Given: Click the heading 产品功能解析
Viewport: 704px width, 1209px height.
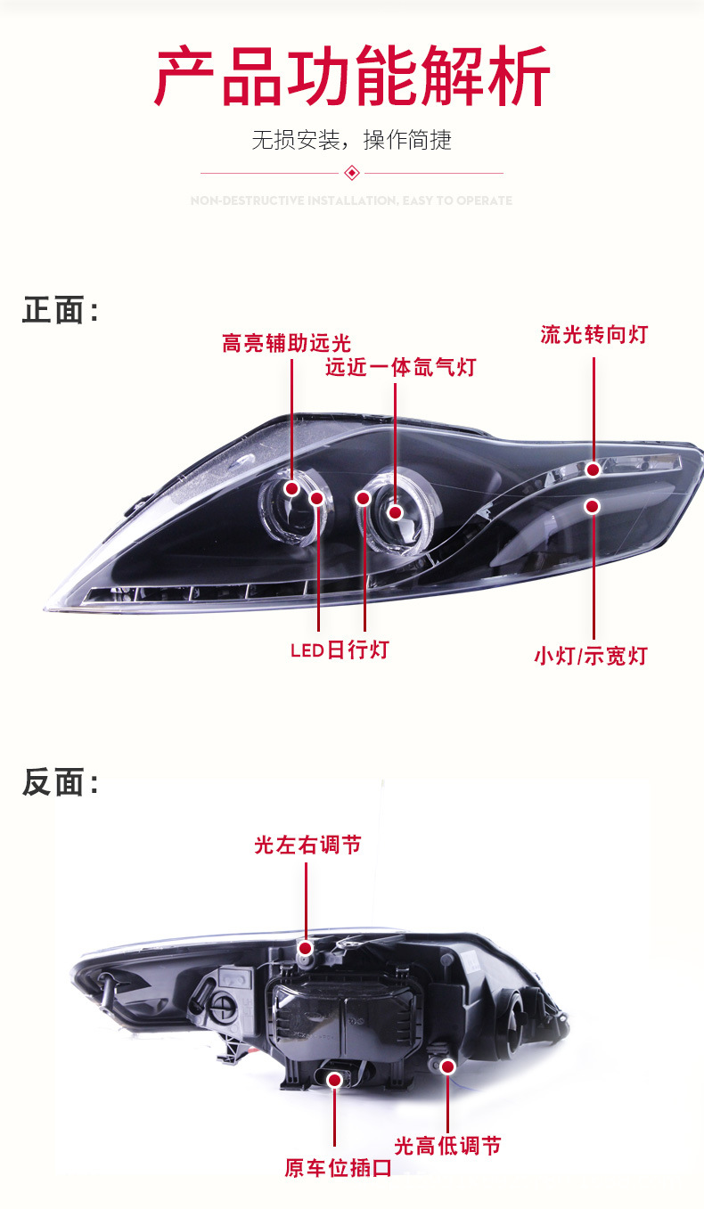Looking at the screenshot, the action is pyautogui.click(x=352, y=78).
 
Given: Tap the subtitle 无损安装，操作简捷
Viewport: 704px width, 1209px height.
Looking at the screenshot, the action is pyautogui.click(x=352, y=140).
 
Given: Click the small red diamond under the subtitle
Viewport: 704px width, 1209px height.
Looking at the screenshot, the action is pyautogui.click(x=351, y=172).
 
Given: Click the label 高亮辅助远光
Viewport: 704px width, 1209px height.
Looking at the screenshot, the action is pyautogui.click(x=287, y=343).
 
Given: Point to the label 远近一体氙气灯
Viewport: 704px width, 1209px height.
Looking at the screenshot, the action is pyautogui.click(x=400, y=367).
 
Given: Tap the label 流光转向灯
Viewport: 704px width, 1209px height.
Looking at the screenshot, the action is pyautogui.click(x=593, y=335).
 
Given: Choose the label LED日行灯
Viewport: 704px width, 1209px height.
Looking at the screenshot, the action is pyautogui.click(x=340, y=649).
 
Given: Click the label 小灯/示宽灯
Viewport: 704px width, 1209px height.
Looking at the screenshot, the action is pyautogui.click(x=590, y=657).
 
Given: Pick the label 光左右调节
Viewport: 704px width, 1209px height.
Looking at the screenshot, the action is pyautogui.click(x=307, y=845).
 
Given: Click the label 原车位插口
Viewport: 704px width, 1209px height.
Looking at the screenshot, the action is pyautogui.click(x=338, y=1167).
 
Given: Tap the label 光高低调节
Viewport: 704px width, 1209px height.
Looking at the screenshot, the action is pyautogui.click(x=447, y=1146).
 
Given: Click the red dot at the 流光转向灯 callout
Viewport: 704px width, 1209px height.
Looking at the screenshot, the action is pyautogui.click(x=593, y=470).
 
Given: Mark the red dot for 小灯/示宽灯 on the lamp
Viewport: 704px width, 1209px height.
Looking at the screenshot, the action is pyautogui.click(x=593, y=506).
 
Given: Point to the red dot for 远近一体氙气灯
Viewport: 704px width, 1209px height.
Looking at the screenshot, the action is pyautogui.click(x=395, y=512).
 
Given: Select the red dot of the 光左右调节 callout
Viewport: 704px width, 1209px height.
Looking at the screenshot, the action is pyautogui.click(x=306, y=947).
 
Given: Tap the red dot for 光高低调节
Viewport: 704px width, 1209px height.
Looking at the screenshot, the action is pyautogui.click(x=447, y=1066).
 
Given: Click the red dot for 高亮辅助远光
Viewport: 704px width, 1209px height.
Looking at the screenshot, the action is pyautogui.click(x=291, y=488).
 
